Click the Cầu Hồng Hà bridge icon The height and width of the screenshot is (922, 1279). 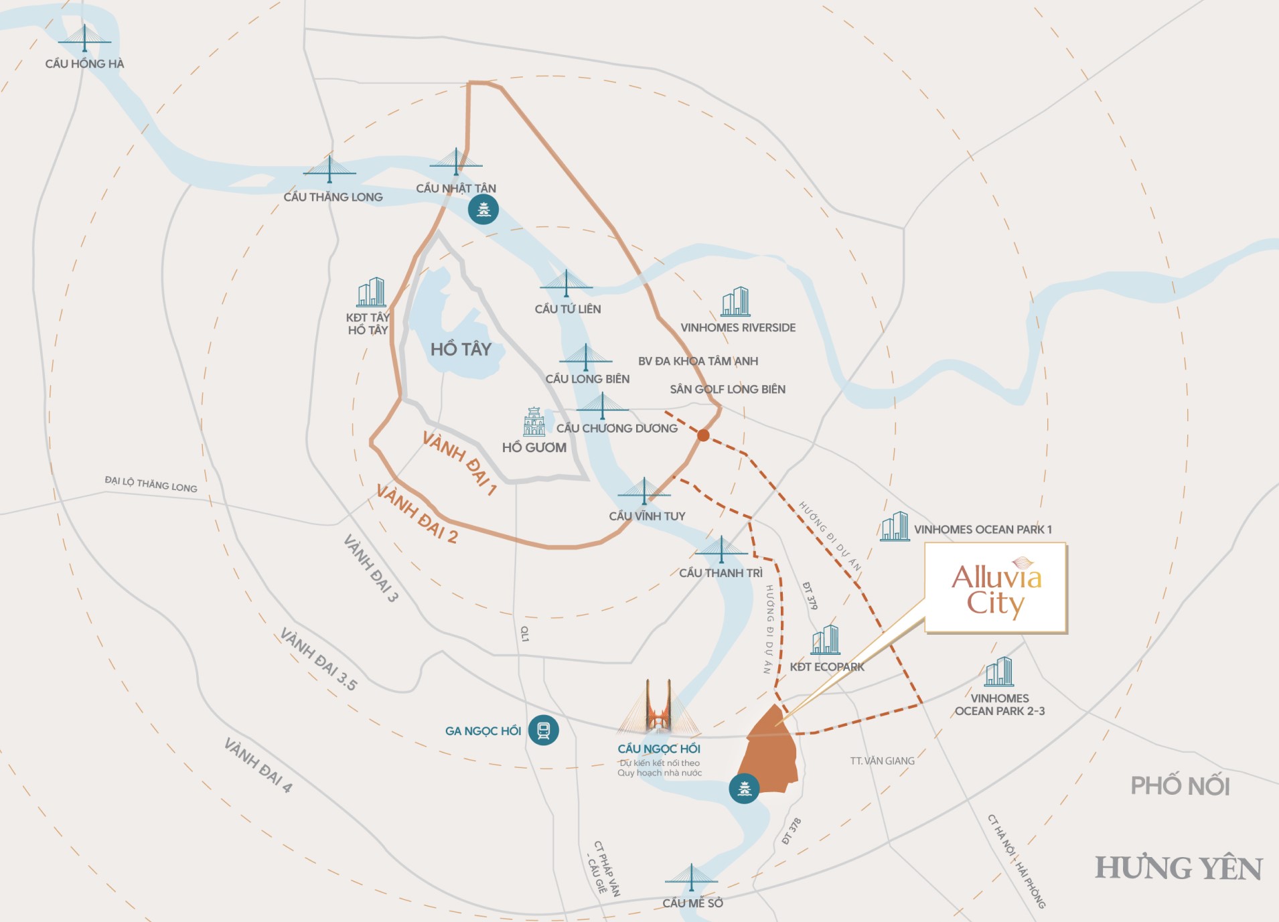click(x=84, y=39)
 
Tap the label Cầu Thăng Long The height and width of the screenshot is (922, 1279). click(x=333, y=197)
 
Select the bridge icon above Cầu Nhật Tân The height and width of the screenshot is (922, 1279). click(x=456, y=163)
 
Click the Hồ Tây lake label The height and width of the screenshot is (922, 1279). click(x=461, y=349)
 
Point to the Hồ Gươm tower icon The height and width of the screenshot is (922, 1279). click(x=534, y=422)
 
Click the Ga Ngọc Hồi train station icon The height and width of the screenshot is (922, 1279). click(x=543, y=730)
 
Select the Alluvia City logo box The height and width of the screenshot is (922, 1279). click(x=996, y=589)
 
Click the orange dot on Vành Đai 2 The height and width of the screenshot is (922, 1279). click(x=703, y=435)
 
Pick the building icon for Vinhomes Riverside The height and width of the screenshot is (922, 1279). click(x=735, y=302)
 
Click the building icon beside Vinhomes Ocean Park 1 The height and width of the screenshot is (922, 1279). click(x=895, y=526)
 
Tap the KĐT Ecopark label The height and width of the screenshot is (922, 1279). click(x=827, y=667)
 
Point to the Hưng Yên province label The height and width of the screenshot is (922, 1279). click(x=1179, y=868)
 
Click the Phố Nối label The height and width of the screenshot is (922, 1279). click(x=1180, y=785)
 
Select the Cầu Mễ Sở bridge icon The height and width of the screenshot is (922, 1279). click(x=691, y=877)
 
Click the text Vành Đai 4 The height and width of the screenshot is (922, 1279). click(x=258, y=765)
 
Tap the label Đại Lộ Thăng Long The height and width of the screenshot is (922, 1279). click(x=151, y=484)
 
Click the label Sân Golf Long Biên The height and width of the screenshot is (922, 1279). click(x=727, y=389)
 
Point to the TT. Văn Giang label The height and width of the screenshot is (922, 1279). click(x=882, y=761)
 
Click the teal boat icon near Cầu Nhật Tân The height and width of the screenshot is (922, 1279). click(x=483, y=210)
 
